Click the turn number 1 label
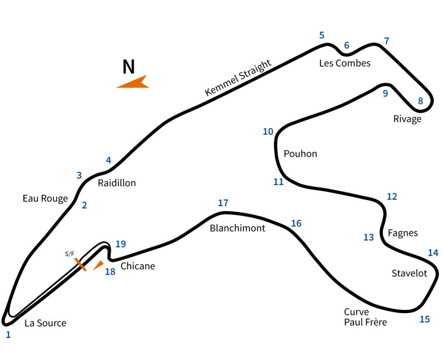(x=8, y=334)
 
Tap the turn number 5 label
(x=322, y=35)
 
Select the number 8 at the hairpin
(x=420, y=101)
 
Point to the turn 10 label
(x=268, y=131)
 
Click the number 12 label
(x=391, y=197)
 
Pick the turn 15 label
(x=425, y=319)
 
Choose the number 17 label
(x=223, y=203)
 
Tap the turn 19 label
(x=120, y=244)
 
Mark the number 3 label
(x=79, y=176)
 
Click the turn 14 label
(x=433, y=253)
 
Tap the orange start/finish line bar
(x=80, y=264)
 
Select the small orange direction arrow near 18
(x=98, y=265)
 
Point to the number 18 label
(x=110, y=272)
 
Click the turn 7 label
(x=386, y=41)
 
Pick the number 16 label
(x=296, y=224)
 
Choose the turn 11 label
(x=278, y=182)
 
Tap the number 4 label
(x=108, y=160)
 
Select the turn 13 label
(x=368, y=237)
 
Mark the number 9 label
(x=385, y=93)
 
